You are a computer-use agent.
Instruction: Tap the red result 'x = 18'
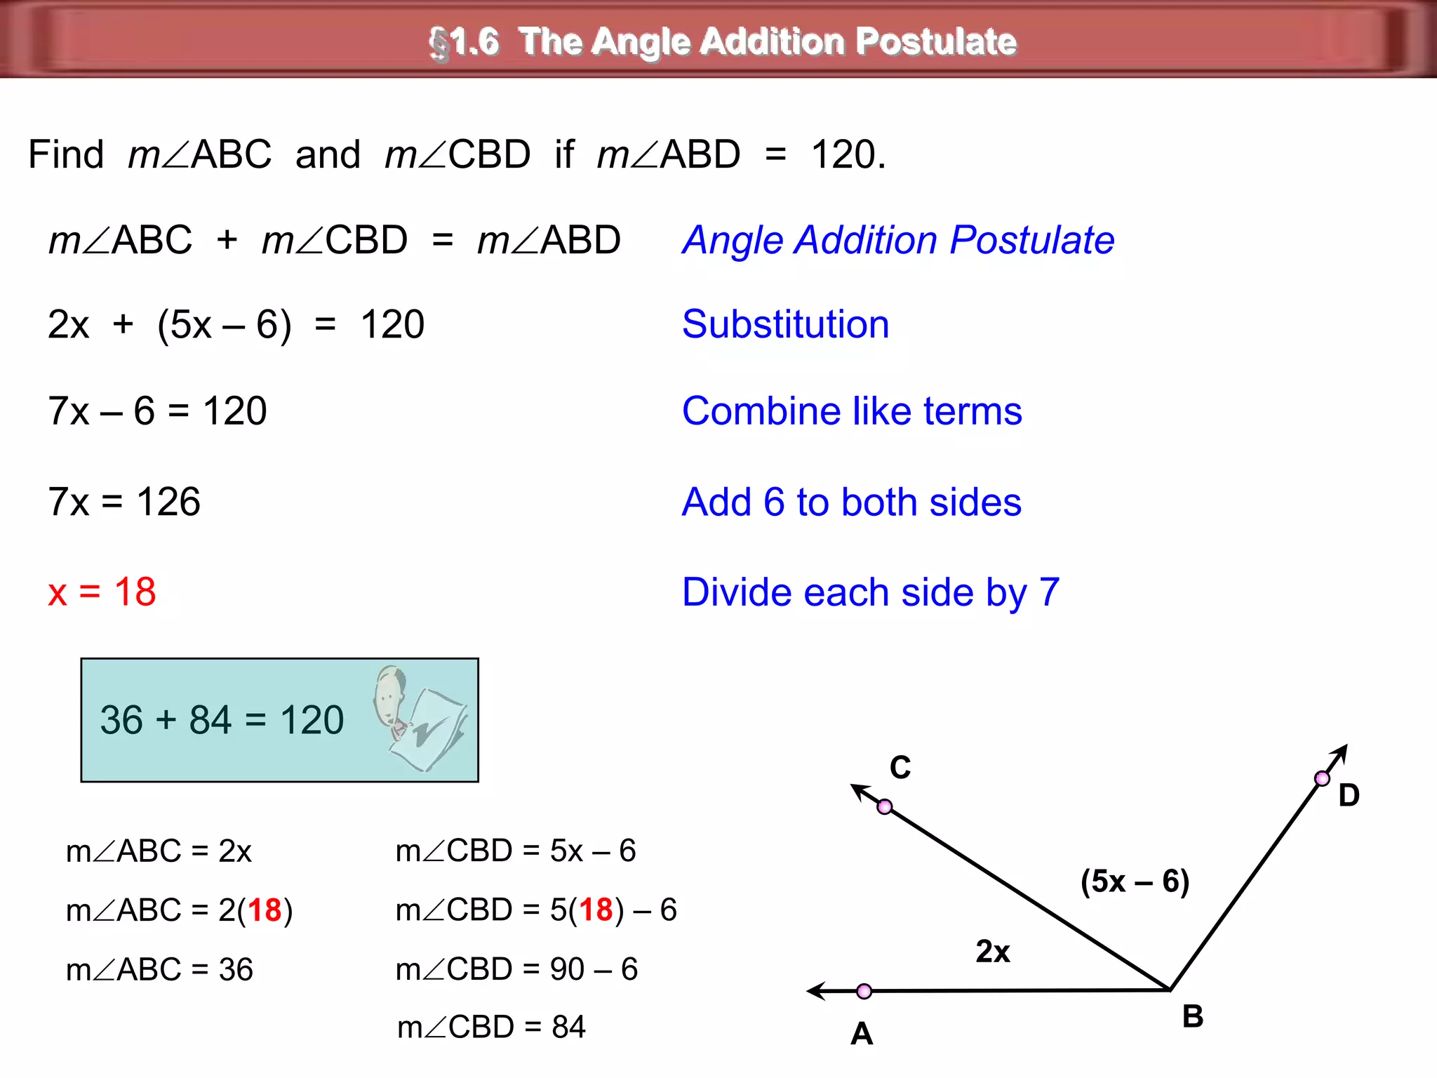coord(102,592)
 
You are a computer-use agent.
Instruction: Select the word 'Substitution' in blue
coord(785,324)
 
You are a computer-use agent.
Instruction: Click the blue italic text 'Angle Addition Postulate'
coord(899,240)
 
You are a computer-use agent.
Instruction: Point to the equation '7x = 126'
coord(124,502)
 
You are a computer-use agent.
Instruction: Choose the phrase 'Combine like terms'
coord(852,411)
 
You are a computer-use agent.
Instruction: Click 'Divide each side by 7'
coord(870,592)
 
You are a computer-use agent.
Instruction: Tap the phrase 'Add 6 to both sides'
coord(851,502)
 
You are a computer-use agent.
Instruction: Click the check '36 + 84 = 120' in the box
coord(222,720)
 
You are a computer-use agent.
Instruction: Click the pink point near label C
coord(885,807)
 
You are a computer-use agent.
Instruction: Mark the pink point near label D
coord(1322,778)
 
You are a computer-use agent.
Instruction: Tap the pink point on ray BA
coord(864,991)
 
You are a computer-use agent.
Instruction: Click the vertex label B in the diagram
coord(1192,1016)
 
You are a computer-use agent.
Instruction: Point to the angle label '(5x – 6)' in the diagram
coord(1135,881)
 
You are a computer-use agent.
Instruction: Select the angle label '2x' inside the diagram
coord(993,952)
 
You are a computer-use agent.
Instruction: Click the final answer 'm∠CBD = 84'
coord(491,1027)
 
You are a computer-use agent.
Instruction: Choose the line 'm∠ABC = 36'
coord(159,969)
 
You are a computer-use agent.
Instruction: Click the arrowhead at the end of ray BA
coord(815,991)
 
